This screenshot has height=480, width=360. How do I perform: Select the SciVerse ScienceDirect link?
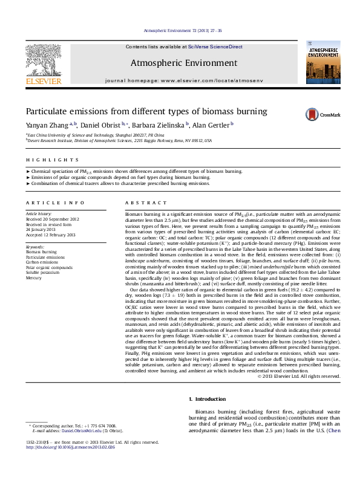coord(215,47)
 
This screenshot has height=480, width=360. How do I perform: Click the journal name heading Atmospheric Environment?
coord(184,63)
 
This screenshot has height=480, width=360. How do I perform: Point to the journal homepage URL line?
coord(184,80)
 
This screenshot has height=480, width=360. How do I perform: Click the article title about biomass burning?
coord(138,112)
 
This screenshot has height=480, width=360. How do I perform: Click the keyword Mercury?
coord(34,277)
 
